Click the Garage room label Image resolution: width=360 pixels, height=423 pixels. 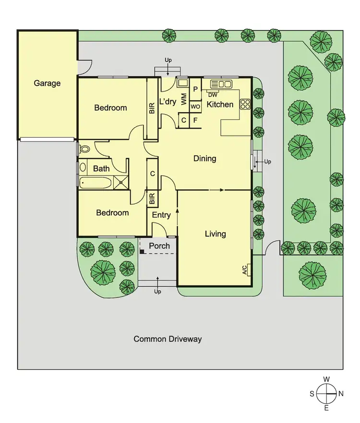[47, 83]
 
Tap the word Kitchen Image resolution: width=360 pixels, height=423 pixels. [220, 104]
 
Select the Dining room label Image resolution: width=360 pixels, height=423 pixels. [204, 158]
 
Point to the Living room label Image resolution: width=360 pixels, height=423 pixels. [215, 234]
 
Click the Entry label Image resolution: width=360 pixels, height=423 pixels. [161, 215]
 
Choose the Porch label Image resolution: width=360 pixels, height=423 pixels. [159, 246]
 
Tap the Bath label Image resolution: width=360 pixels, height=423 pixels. [101, 168]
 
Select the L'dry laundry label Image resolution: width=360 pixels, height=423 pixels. [167, 102]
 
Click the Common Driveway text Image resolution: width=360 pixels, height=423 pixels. [168, 339]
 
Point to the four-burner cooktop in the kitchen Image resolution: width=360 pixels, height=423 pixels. [245, 104]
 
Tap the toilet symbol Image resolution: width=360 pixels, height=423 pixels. [84, 149]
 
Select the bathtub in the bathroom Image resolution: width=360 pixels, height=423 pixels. [96, 182]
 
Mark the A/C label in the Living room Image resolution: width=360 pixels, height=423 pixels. [245, 270]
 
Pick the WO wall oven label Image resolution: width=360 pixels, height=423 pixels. [195, 106]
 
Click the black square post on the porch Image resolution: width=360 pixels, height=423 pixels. [142, 251]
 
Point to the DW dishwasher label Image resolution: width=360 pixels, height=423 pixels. [213, 94]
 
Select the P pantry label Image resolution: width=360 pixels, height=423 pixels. [195, 89]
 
